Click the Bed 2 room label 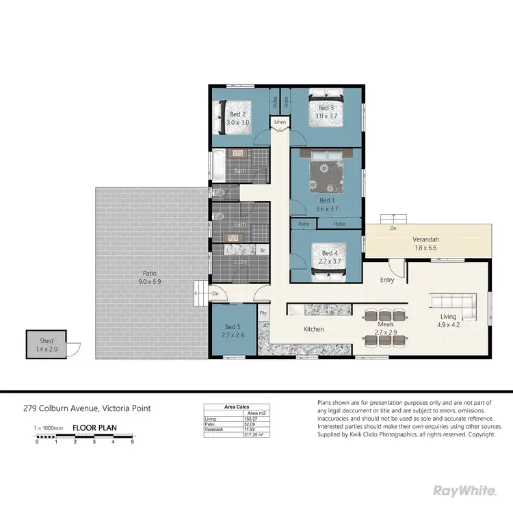click(237, 114)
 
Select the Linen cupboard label click(280, 122)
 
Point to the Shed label click(47, 341)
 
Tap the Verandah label click(425, 239)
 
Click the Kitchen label click(313, 329)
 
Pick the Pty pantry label click(263, 313)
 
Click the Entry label click(387, 280)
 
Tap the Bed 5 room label click(233, 327)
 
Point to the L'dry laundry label click(241, 263)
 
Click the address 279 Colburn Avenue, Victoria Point click(88, 409)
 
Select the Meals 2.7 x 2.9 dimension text click(386, 332)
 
